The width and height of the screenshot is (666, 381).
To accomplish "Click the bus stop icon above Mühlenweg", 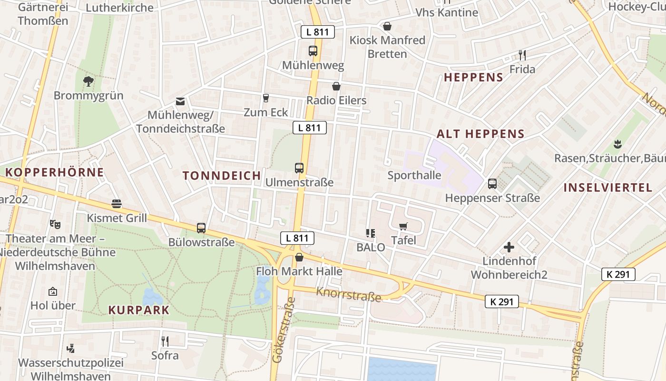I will click(313, 50).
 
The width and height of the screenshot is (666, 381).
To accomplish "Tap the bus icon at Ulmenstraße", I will click(299, 168).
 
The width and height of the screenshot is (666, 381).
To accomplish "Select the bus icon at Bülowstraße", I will click(201, 228).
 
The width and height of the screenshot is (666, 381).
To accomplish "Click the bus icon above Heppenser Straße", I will click(492, 183).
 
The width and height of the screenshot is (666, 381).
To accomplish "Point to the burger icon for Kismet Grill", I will click(117, 204).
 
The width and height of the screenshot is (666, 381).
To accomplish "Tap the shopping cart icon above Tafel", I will click(403, 226).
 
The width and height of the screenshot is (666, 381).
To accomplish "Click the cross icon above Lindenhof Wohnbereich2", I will click(509, 247).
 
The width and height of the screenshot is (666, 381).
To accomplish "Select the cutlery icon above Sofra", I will click(165, 341).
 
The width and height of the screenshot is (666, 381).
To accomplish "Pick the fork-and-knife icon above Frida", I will click(522, 55).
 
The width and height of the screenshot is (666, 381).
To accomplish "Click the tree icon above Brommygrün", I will click(88, 81).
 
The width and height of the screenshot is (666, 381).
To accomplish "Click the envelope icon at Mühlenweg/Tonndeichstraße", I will click(180, 101).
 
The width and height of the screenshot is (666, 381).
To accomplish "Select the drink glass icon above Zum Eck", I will click(266, 98).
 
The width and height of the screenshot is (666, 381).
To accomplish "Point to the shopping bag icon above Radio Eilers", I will click(336, 86).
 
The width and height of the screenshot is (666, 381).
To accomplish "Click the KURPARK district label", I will click(139, 310).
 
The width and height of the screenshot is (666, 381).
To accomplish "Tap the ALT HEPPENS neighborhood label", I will click(480, 134).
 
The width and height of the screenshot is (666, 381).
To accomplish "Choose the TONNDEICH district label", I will click(222, 175).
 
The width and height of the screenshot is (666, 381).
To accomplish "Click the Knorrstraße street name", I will click(349, 295).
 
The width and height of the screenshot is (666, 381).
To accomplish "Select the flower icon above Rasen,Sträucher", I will click(617, 143).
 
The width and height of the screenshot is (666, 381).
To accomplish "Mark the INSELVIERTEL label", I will click(607, 188).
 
